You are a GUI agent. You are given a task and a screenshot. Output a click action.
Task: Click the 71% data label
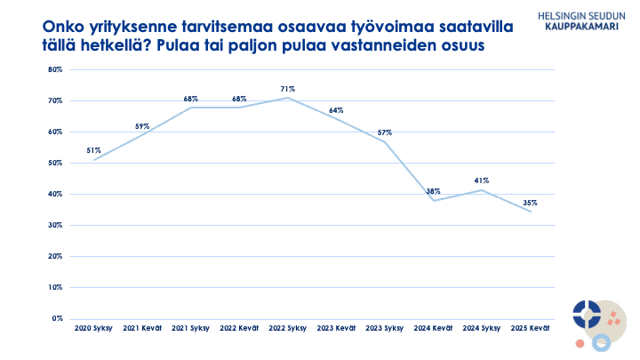click(288, 89)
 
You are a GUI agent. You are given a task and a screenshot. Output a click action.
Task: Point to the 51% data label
click(93, 151)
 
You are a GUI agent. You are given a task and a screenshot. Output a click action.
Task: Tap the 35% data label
click(531, 203)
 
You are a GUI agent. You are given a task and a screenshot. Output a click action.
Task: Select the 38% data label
click(433, 191)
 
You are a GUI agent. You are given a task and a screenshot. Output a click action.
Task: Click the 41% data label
click(482, 180)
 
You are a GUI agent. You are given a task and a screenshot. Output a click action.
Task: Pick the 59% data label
click(142, 126)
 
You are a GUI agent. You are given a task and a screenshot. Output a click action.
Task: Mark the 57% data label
click(385, 132)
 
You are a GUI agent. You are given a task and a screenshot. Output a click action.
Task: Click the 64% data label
click(336, 110)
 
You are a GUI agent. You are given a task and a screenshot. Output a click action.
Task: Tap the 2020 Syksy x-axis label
click(93, 329)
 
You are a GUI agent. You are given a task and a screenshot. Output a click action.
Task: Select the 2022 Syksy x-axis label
click(288, 329)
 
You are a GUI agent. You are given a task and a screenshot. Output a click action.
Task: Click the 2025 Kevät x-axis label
click(531, 329)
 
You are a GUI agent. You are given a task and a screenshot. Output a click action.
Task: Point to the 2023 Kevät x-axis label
click(336, 329)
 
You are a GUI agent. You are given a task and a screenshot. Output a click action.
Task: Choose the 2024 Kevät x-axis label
click(433, 329)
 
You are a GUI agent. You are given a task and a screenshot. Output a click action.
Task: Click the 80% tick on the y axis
click(55, 69)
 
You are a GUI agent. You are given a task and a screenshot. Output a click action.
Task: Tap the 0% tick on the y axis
click(57, 318)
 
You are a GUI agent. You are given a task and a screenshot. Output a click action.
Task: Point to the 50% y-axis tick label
click(55, 163)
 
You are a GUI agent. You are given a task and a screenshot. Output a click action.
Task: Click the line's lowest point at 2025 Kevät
click(531, 211)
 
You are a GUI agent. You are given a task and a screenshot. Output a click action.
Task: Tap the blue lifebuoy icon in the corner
click(587, 313)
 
